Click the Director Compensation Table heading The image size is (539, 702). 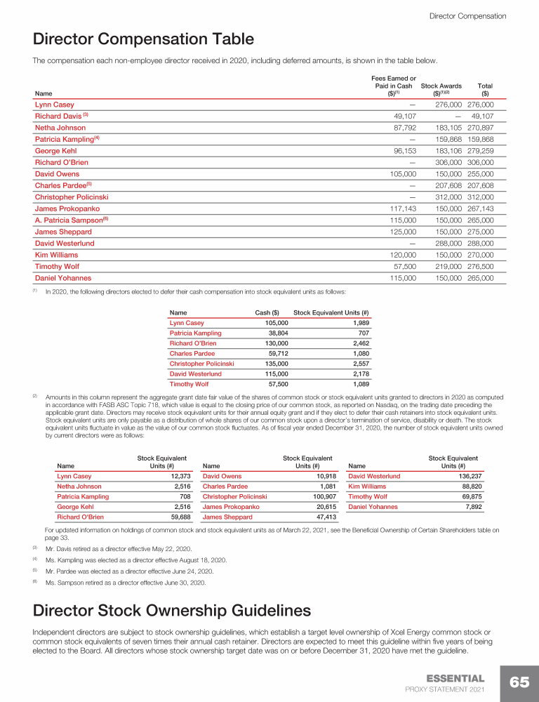(x=143, y=39)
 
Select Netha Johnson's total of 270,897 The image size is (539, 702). (x=480, y=128)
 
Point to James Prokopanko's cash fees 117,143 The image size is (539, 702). (x=401, y=209)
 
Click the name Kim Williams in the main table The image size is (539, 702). (x=56, y=256)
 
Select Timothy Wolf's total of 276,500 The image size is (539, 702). (x=480, y=267)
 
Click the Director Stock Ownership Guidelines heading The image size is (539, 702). (x=172, y=609)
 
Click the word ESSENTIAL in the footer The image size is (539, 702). (x=455, y=678)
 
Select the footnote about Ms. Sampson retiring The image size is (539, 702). (x=125, y=583)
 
